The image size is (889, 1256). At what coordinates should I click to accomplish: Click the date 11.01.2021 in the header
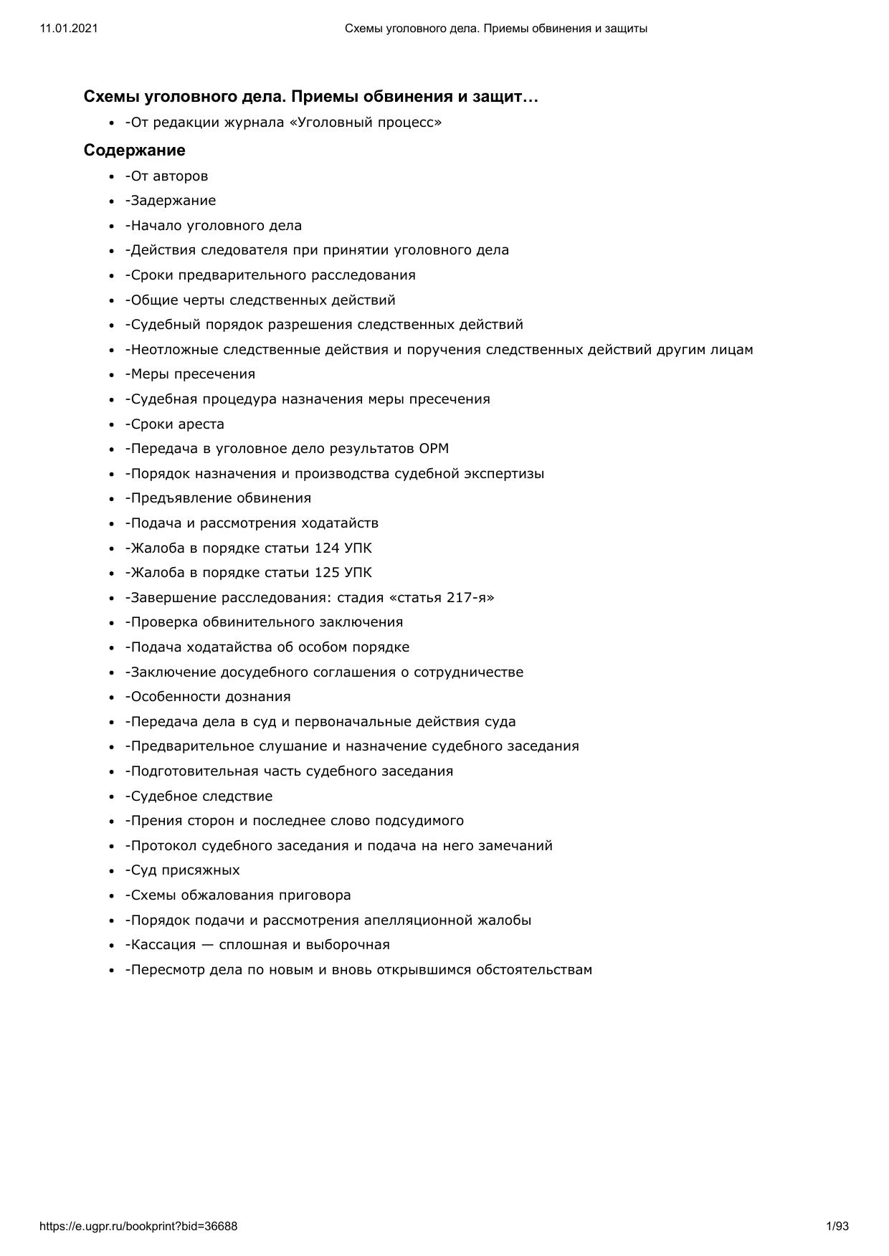[x=69, y=29]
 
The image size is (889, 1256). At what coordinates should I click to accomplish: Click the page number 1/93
[x=837, y=1227]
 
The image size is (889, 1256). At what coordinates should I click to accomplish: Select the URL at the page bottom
[x=138, y=1227]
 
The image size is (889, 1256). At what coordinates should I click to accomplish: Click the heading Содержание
[x=134, y=151]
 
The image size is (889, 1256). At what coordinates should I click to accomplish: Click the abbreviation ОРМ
[x=434, y=449]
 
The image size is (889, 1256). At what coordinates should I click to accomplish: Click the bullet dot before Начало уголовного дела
[x=112, y=227]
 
